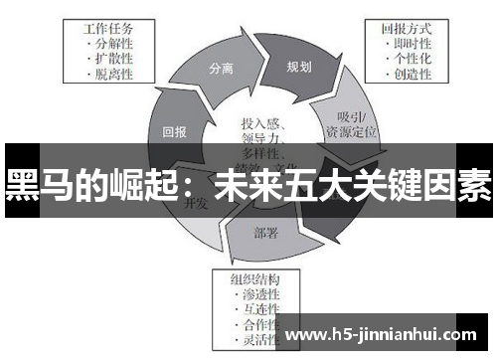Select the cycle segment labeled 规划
point(298,67)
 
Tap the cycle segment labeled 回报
point(175,129)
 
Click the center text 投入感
point(261,124)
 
